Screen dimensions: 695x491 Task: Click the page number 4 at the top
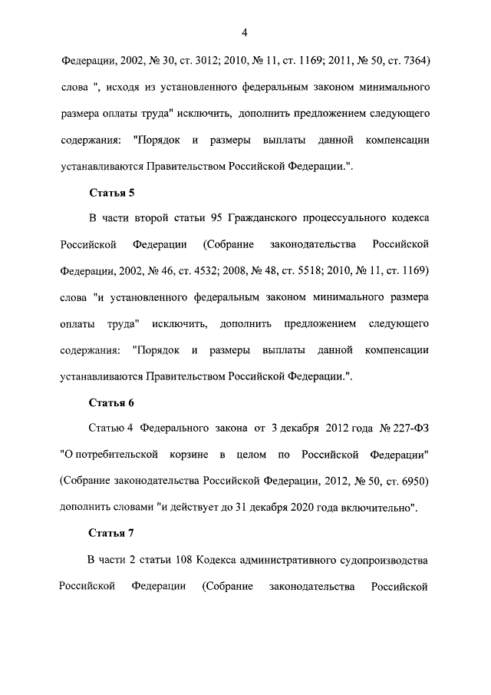244,31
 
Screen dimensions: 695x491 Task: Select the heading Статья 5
111,193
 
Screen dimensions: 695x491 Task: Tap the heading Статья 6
111,402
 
